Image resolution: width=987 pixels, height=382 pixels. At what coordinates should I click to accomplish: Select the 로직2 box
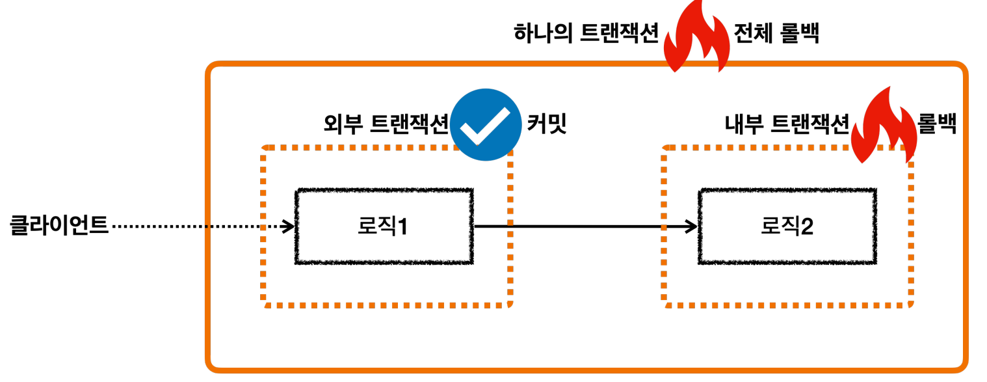click(x=787, y=226)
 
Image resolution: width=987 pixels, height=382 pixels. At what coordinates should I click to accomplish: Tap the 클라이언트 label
click(x=59, y=226)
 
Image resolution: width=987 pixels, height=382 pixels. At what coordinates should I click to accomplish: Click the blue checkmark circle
click(x=486, y=124)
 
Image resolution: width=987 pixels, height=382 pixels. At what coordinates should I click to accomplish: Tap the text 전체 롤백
click(x=776, y=33)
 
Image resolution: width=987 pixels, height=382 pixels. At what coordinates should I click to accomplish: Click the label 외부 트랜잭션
click(x=386, y=123)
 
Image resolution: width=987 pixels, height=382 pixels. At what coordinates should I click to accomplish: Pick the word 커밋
click(x=547, y=123)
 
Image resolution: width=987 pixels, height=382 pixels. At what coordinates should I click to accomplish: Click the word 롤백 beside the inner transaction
click(x=936, y=123)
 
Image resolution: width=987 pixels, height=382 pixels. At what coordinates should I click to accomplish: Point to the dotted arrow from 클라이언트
click(x=195, y=226)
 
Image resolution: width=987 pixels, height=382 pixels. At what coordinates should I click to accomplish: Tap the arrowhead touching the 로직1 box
click(x=289, y=226)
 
